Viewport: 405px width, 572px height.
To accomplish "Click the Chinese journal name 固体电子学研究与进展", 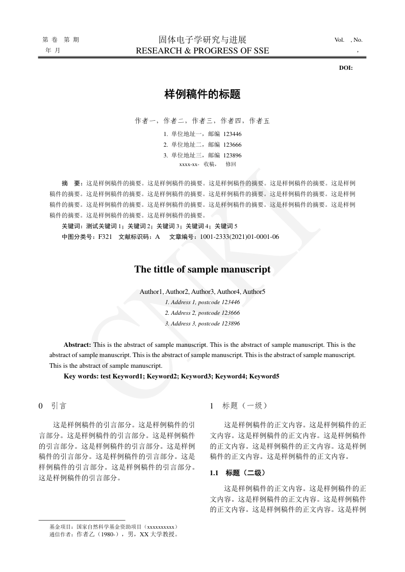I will pyautogui.click(x=202, y=40).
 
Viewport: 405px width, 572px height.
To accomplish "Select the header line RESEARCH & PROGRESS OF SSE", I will pyautogui.click(x=202, y=50).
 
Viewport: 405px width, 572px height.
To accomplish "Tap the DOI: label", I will pyautogui.click(x=346, y=68).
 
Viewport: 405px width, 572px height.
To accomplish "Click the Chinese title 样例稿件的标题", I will pyautogui.click(x=202, y=94).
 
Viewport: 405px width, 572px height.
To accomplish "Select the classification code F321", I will pyautogui.click(x=105, y=237).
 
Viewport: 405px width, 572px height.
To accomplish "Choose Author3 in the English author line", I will pyautogui.click(x=202, y=292).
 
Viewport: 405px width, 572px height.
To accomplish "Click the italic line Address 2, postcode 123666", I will pyautogui.click(x=202, y=313).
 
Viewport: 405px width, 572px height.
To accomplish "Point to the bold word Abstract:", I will pyautogui.click(x=78, y=345).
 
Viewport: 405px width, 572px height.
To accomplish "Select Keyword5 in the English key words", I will pyautogui.click(x=263, y=376).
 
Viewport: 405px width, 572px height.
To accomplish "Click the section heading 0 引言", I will pyautogui.click(x=53, y=406).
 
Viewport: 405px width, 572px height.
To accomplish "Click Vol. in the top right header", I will pyautogui.click(x=340, y=40).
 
